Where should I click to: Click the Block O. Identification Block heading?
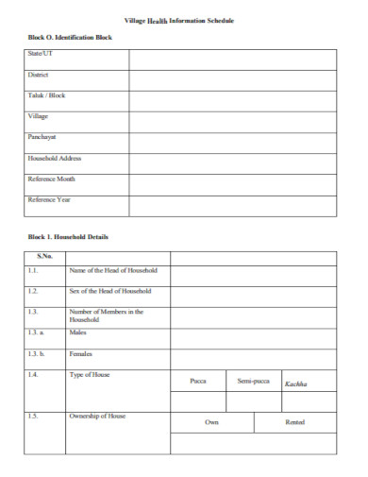(x=69, y=37)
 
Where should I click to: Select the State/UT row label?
(x=41, y=54)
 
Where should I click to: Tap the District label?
(x=39, y=75)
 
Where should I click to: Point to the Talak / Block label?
(x=46, y=95)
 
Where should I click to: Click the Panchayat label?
(x=42, y=137)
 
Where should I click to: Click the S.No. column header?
(x=44, y=256)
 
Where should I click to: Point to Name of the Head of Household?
(x=113, y=271)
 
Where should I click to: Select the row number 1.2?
(x=33, y=291)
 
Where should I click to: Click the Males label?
(x=78, y=332)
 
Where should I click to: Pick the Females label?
(x=81, y=353)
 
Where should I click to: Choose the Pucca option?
(x=197, y=382)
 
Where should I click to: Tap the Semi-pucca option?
(x=253, y=382)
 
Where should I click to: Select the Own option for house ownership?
(x=211, y=422)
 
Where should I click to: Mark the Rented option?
(x=294, y=422)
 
